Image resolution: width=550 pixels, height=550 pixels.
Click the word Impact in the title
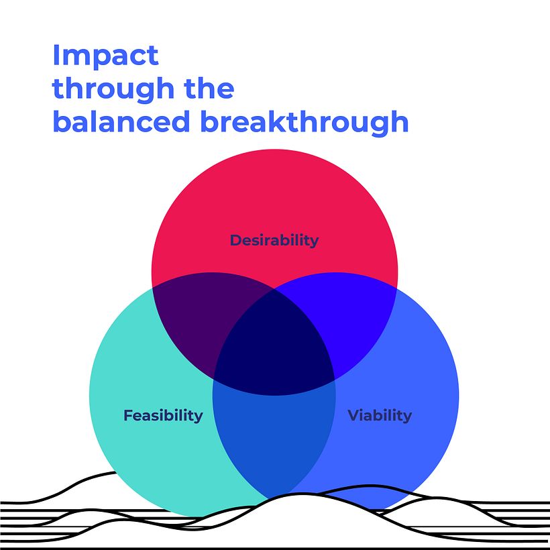click(x=105, y=56)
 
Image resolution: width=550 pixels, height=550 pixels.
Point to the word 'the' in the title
click(x=207, y=89)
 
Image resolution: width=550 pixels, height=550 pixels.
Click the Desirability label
click(x=274, y=240)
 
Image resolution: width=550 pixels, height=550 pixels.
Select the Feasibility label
click(x=163, y=415)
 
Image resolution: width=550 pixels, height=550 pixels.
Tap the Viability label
click(x=380, y=415)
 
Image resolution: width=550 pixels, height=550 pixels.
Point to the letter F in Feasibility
click(x=127, y=415)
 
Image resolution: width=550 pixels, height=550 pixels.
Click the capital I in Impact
click(x=56, y=55)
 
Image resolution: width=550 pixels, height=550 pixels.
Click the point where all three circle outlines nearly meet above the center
click(x=274, y=290)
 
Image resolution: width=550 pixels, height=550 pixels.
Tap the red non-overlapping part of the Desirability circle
click(x=274, y=195)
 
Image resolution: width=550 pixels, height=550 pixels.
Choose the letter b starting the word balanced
click(x=60, y=122)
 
